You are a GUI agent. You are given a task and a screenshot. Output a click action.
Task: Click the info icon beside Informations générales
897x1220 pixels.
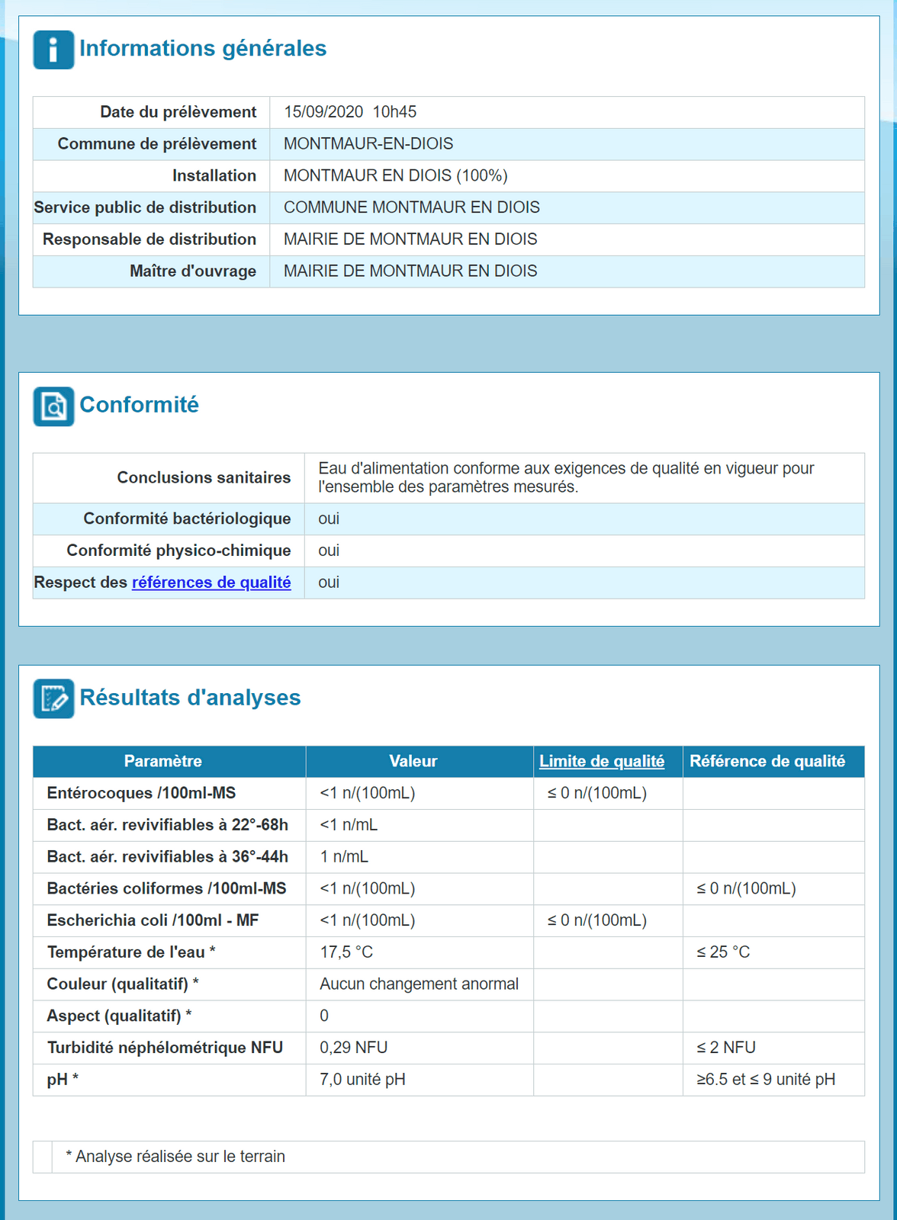53,50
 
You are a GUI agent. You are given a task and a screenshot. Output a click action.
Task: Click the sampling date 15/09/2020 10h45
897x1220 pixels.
350,112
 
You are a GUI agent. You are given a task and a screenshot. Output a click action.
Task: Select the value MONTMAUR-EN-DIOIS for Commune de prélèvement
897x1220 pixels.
368,144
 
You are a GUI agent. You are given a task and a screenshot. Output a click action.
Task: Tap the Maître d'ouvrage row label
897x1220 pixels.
193,271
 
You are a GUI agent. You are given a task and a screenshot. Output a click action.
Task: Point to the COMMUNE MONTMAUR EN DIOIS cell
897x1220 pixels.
411,207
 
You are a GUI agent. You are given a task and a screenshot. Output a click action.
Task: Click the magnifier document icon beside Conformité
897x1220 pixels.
53,406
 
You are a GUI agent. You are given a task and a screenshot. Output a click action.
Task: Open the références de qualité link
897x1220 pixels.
211,583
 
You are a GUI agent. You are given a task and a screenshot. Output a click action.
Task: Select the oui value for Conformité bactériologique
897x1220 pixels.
329,519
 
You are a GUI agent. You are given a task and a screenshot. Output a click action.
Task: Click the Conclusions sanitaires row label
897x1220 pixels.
204,478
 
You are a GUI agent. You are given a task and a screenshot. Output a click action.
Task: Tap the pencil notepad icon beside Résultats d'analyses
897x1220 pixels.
53,698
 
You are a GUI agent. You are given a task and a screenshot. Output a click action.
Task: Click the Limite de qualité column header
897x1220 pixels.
602,762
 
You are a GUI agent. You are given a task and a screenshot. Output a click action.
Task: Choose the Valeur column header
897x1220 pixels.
413,762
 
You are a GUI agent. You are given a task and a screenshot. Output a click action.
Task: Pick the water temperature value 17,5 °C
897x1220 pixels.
346,952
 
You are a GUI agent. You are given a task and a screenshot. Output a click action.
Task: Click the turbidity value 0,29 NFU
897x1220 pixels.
354,1048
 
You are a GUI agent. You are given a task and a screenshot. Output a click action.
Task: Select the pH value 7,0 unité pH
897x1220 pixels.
362,1080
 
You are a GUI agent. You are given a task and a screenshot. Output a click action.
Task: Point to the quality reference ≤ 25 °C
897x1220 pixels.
723,952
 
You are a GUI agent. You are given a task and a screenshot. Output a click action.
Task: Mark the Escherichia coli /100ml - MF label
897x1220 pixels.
153,920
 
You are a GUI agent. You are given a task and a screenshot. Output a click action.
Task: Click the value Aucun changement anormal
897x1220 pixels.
419,984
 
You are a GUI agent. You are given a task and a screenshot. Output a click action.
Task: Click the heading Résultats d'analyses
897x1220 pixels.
190,698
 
